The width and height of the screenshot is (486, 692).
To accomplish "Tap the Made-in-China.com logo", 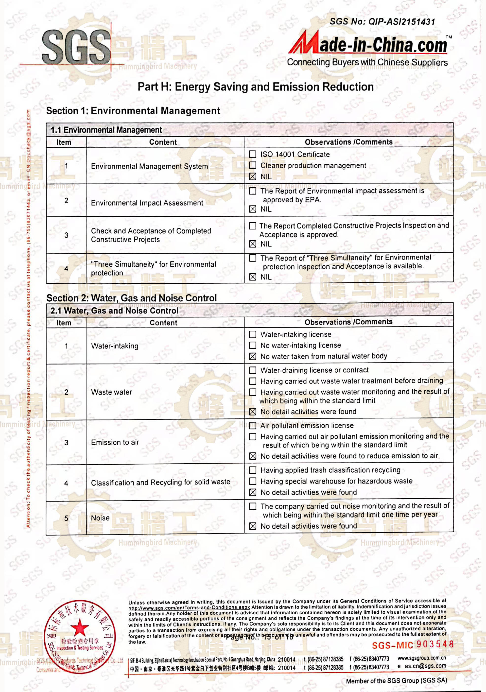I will pyautogui.click(x=368, y=45).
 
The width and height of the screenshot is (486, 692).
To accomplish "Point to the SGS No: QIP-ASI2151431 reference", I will pyautogui.click(x=382, y=22).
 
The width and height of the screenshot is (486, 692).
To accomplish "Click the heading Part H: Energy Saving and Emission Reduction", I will pyautogui.click(x=255, y=87).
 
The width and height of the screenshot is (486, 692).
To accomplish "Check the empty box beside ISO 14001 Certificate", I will pyautogui.click(x=253, y=154).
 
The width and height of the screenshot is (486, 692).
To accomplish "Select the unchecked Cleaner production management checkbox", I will pyautogui.click(x=253, y=165).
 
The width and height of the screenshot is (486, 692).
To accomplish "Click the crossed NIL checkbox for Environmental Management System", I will pyautogui.click(x=253, y=177).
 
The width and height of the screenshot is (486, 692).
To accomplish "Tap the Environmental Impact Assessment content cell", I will pyautogui.click(x=147, y=203).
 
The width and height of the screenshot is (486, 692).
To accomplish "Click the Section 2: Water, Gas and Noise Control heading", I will pyautogui.click(x=131, y=298).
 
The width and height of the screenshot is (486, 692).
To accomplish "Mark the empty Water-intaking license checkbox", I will pyautogui.click(x=253, y=335).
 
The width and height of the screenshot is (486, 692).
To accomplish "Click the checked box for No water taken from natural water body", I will pyautogui.click(x=253, y=357).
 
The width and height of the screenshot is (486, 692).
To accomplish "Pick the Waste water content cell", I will pyautogui.click(x=112, y=392).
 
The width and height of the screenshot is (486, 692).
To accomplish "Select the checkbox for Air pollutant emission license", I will pyautogui.click(x=253, y=426).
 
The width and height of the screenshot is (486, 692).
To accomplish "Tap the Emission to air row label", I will pyautogui.click(x=115, y=442).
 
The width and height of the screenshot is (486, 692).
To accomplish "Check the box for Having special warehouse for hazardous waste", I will pyautogui.click(x=253, y=481).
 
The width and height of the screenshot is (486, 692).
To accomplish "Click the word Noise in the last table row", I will pyautogui.click(x=100, y=518).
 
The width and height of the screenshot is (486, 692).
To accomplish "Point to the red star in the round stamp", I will pyautogui.click(x=80, y=628).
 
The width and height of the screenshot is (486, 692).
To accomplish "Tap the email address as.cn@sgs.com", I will pyautogui.click(x=425, y=666).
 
